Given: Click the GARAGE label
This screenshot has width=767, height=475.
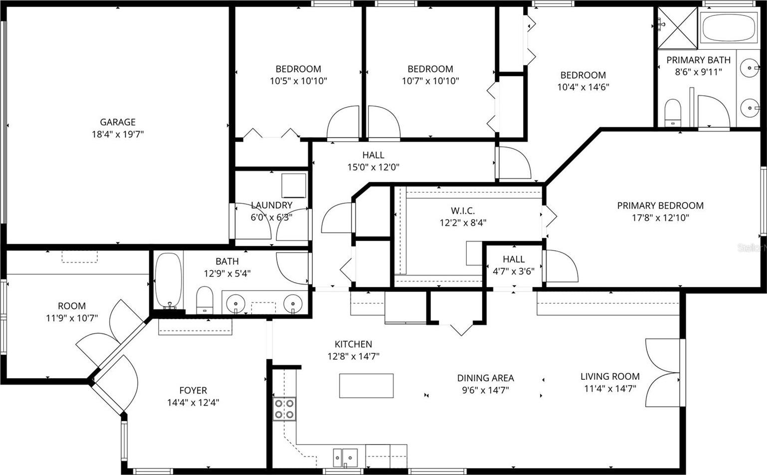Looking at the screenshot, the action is pyautogui.click(x=118, y=122).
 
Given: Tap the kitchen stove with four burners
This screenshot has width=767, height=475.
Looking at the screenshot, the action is pyautogui.click(x=285, y=409).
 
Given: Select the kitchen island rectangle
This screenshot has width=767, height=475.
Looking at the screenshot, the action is pyautogui.click(x=366, y=386).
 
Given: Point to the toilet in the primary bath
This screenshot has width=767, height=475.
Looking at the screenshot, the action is pyautogui.click(x=672, y=113).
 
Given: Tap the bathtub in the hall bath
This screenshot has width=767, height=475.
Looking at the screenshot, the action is pyautogui.click(x=169, y=281).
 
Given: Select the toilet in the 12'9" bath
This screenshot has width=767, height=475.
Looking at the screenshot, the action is pyautogui.click(x=204, y=300).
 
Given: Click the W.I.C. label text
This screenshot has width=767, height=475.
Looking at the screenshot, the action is pyautogui.click(x=463, y=210).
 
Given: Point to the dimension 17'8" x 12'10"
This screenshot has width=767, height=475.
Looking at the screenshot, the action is pyautogui.click(x=660, y=218).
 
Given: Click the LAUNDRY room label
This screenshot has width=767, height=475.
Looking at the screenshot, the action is pyautogui.click(x=271, y=205).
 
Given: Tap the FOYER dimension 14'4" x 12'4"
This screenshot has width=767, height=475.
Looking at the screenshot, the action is pyautogui.click(x=193, y=402).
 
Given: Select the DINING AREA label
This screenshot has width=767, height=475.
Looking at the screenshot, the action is pyautogui.click(x=486, y=378).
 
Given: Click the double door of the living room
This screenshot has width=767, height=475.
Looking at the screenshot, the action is pyautogui.click(x=663, y=373).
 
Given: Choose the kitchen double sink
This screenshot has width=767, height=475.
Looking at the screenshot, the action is pyautogui.click(x=345, y=458).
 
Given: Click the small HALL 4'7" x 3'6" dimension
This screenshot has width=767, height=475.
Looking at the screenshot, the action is pyautogui.click(x=513, y=271).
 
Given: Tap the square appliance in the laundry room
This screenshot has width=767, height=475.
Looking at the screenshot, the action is pyautogui.click(x=294, y=185).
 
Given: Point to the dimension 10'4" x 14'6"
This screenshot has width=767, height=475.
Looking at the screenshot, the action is pyautogui.click(x=583, y=87).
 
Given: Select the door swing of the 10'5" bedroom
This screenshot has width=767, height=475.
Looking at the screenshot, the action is pyautogui.click(x=343, y=123).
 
